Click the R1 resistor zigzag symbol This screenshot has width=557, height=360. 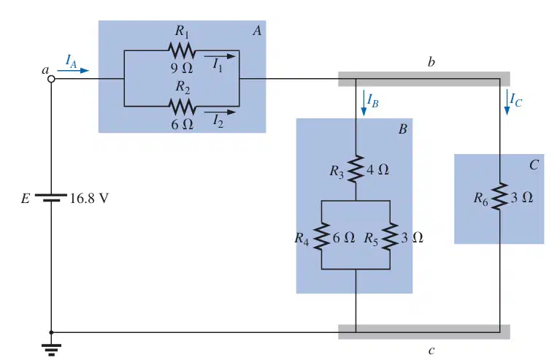point(182,50)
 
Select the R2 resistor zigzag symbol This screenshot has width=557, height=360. point(182,106)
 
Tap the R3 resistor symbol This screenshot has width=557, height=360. point(356,169)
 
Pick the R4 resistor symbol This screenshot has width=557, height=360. point(321,237)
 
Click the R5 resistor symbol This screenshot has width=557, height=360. point(390,237)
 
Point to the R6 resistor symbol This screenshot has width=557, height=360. point(500,196)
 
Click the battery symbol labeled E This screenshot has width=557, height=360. point(51,198)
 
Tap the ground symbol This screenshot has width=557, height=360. point(51,349)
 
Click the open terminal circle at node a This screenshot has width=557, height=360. point(51,79)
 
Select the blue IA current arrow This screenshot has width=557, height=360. point(73,70)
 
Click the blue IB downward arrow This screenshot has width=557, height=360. point(364,103)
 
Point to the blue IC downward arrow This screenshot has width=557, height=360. point(507,102)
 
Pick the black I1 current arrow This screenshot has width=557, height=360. point(220,56)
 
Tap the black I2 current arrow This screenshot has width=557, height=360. point(220,112)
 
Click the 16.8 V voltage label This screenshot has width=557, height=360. point(89,199)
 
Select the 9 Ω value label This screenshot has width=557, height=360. point(182,68)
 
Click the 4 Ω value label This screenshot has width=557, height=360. point(377,169)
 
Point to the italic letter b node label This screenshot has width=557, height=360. point(431,62)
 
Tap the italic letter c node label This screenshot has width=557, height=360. point(431,351)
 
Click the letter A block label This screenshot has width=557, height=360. point(257,31)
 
